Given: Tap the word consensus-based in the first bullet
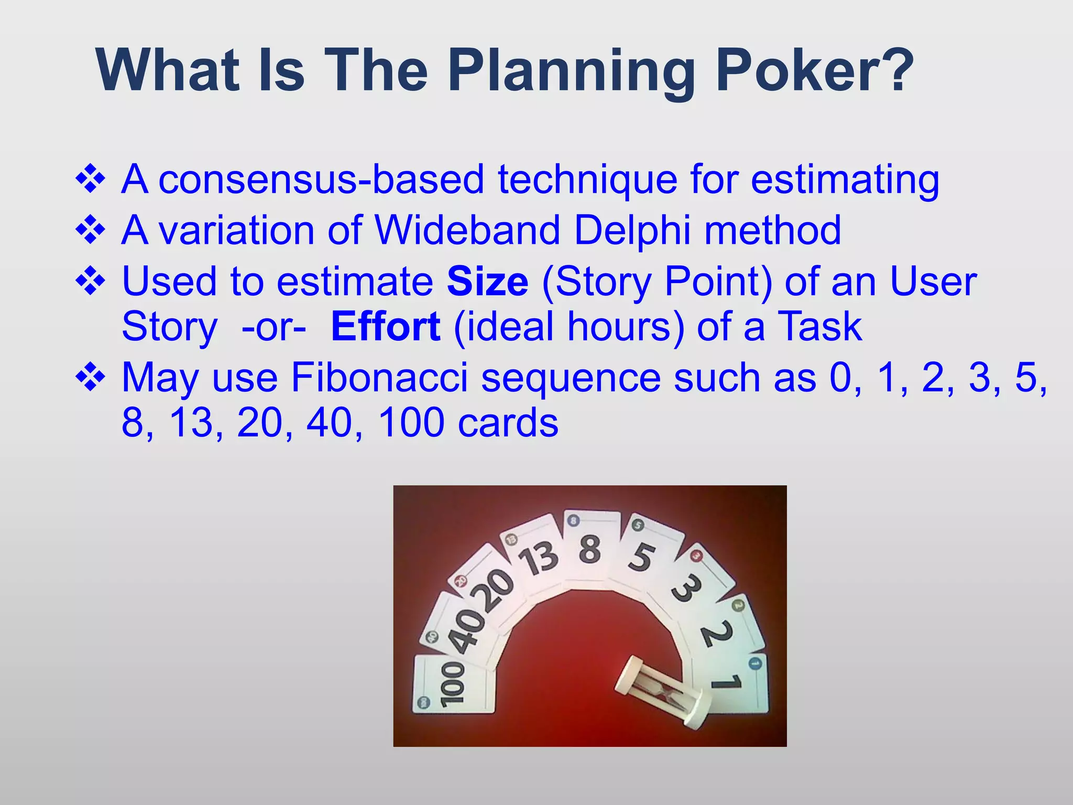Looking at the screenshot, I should [x=321, y=180].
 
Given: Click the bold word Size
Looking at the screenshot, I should [x=487, y=281].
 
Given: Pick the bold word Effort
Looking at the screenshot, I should [x=386, y=327].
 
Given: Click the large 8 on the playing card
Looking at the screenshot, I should [x=590, y=549].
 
